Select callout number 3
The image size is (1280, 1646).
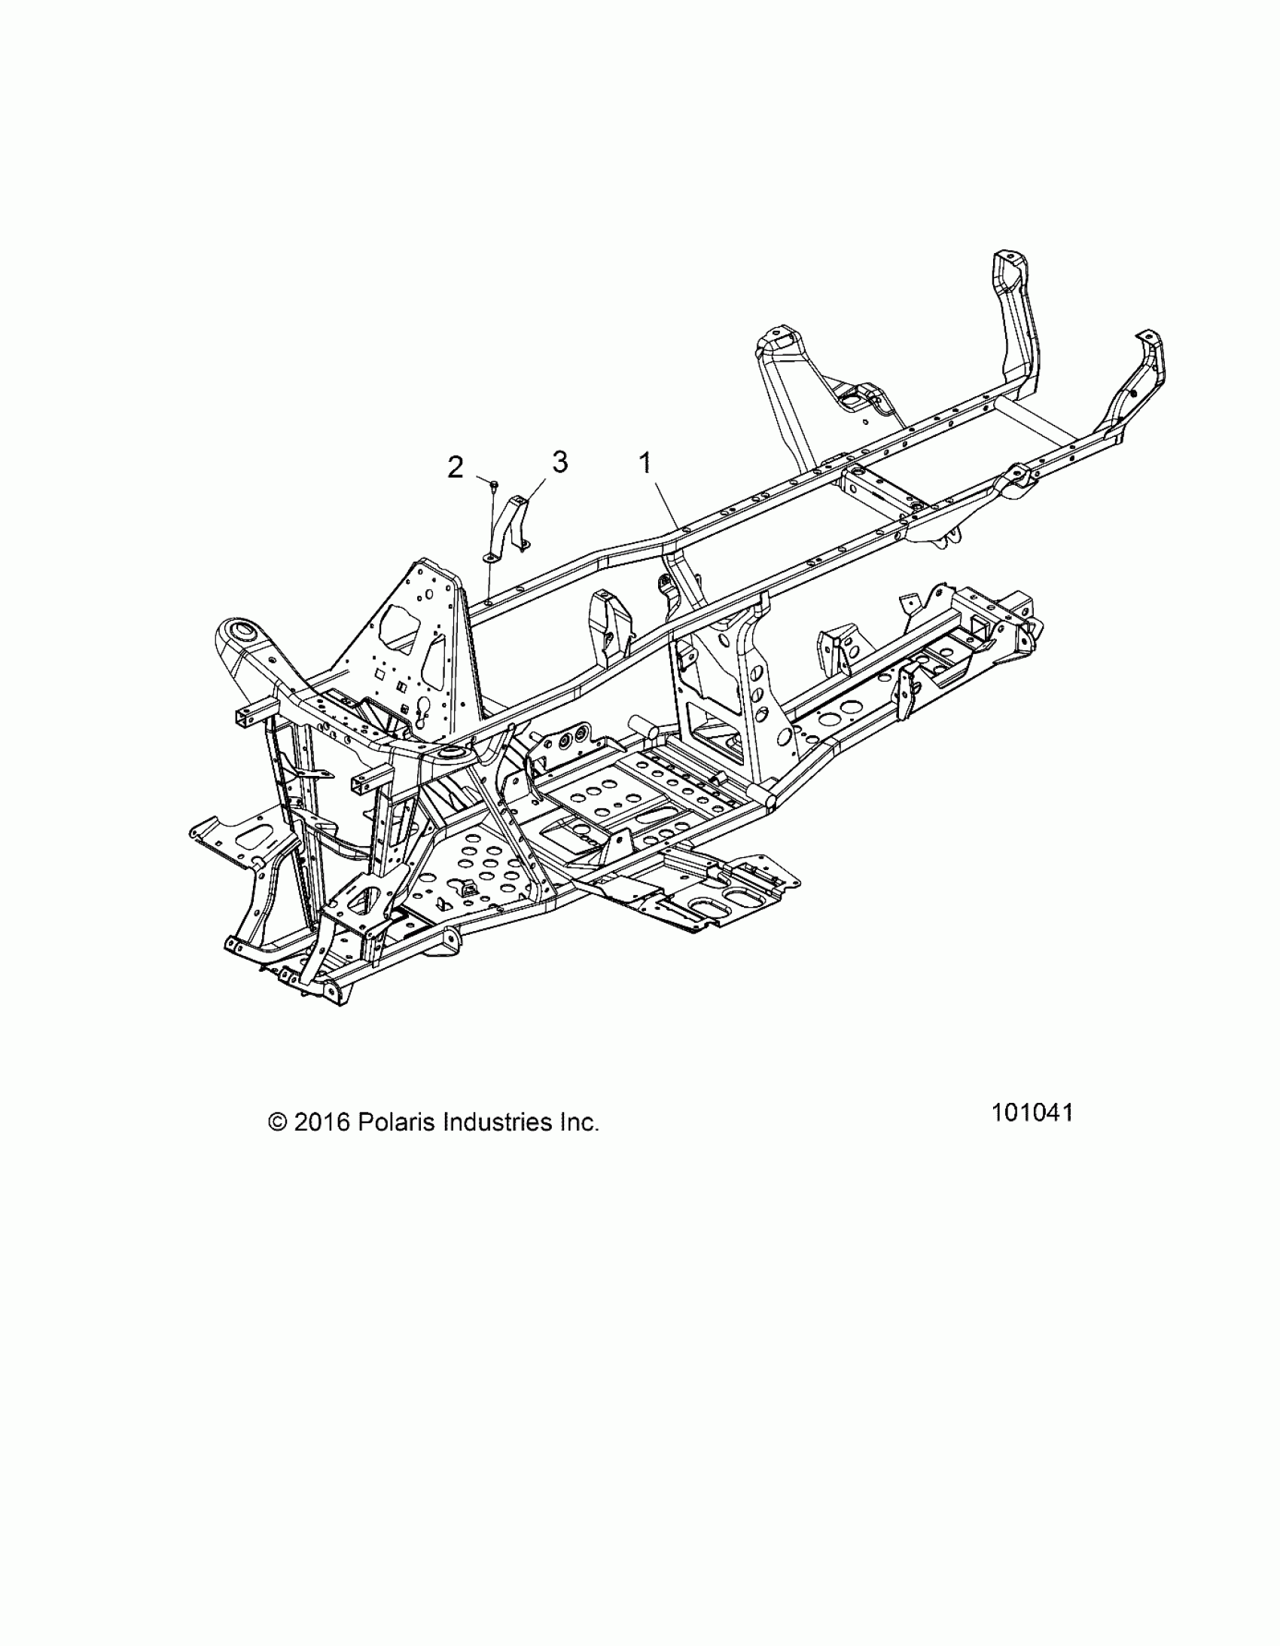coord(559,461)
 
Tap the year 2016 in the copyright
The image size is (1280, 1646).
coord(322,1144)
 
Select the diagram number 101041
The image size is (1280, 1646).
coord(1032,1134)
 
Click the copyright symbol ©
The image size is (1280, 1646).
coord(277,1144)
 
